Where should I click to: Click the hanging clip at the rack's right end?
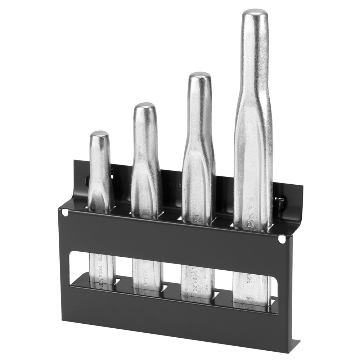tap(281, 202)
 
